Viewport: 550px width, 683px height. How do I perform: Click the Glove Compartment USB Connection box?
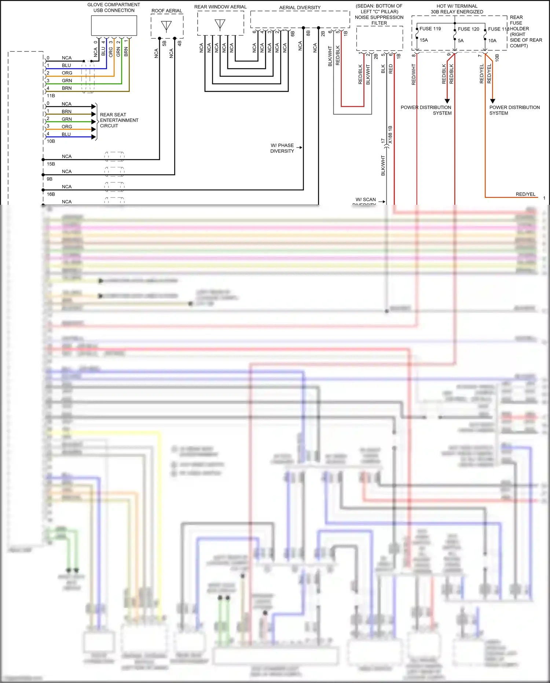click(x=114, y=25)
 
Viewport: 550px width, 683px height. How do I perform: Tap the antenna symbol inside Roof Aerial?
click(x=166, y=26)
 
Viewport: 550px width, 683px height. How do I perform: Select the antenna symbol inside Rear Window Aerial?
click(x=220, y=25)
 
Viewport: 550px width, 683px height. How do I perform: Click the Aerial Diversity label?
click(x=300, y=7)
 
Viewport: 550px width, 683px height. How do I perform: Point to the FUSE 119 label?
click(x=430, y=29)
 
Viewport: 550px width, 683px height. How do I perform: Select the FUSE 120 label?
click(x=468, y=29)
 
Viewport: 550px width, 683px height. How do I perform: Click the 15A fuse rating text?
click(x=423, y=40)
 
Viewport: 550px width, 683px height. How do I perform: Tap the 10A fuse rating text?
click(x=492, y=41)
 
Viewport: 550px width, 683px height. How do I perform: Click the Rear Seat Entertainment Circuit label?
click(x=119, y=120)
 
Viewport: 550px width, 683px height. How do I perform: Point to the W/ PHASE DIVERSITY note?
click(x=282, y=148)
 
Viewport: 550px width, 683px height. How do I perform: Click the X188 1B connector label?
click(x=390, y=134)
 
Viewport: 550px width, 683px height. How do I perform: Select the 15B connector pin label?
click(x=51, y=164)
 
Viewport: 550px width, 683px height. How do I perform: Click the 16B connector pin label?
click(x=51, y=194)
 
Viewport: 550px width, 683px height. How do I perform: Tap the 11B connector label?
click(x=51, y=95)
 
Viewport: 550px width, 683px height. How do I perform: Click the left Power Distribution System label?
click(x=426, y=110)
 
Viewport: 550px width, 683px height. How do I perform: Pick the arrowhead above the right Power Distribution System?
click(x=492, y=101)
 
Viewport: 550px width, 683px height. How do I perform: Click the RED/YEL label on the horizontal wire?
click(x=525, y=194)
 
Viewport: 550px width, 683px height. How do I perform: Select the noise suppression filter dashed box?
click(x=379, y=38)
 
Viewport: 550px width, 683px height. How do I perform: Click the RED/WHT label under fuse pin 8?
click(x=414, y=75)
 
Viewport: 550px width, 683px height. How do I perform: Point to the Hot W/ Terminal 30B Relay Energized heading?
click(x=456, y=9)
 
